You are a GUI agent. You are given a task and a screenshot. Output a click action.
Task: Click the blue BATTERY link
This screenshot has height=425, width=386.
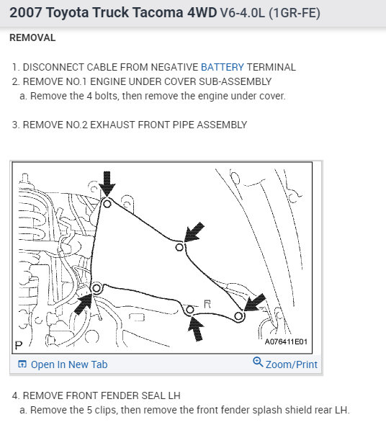coord(223,67)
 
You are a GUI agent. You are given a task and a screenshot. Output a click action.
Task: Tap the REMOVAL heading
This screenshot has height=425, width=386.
coord(32,37)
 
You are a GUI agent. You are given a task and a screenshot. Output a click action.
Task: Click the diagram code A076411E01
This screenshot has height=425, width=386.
coord(286,341)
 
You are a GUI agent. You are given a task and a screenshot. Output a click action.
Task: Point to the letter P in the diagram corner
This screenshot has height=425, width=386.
coord(19,345)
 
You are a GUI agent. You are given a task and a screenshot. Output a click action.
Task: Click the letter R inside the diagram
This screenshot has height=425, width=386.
coord(207,304)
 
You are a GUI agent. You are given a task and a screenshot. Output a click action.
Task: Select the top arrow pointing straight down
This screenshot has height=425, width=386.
coord(107,184)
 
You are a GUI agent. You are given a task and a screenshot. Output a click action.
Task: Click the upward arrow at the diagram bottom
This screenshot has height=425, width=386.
coord(197,328)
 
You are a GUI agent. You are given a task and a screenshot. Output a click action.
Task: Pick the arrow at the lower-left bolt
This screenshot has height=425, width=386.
coord(84,303)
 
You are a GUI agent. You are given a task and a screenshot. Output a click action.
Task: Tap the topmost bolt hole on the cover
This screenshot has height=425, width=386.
coord(107,203)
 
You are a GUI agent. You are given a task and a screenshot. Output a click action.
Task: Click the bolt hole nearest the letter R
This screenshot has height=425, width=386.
coord(189,310)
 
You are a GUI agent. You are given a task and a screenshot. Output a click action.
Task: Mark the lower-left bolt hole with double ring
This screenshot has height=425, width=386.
coord(96,288)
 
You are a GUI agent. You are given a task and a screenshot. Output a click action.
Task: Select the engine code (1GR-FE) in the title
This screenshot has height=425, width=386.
coord(295,13)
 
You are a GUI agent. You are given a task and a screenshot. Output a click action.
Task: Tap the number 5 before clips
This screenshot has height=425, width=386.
coord(89,410)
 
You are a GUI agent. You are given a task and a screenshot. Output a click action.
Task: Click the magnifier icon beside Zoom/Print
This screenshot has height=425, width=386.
coord(258,362)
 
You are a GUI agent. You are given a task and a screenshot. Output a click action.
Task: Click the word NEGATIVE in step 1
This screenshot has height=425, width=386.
coord(174,67)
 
